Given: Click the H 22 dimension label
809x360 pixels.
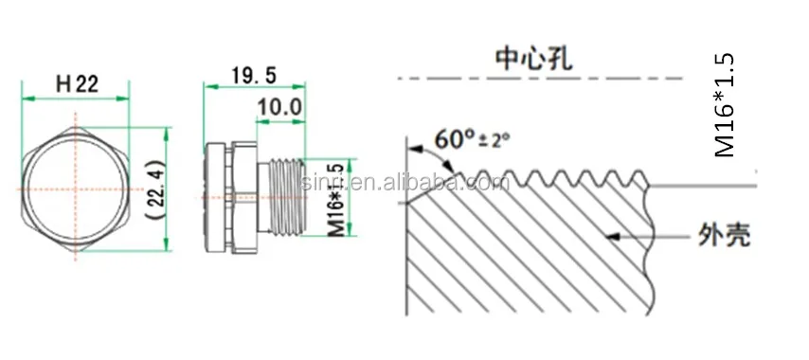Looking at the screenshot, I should (77, 83).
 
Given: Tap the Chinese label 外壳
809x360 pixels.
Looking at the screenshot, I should (723, 235).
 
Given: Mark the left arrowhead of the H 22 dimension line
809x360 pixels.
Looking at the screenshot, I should (27, 97).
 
